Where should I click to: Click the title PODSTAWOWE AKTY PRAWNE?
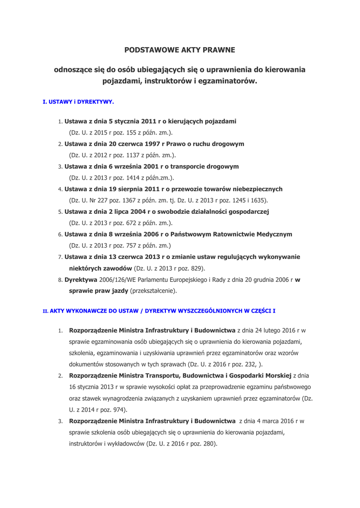179,50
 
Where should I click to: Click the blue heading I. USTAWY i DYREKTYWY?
78,102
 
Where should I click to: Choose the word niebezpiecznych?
254,189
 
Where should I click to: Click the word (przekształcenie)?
153,291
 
